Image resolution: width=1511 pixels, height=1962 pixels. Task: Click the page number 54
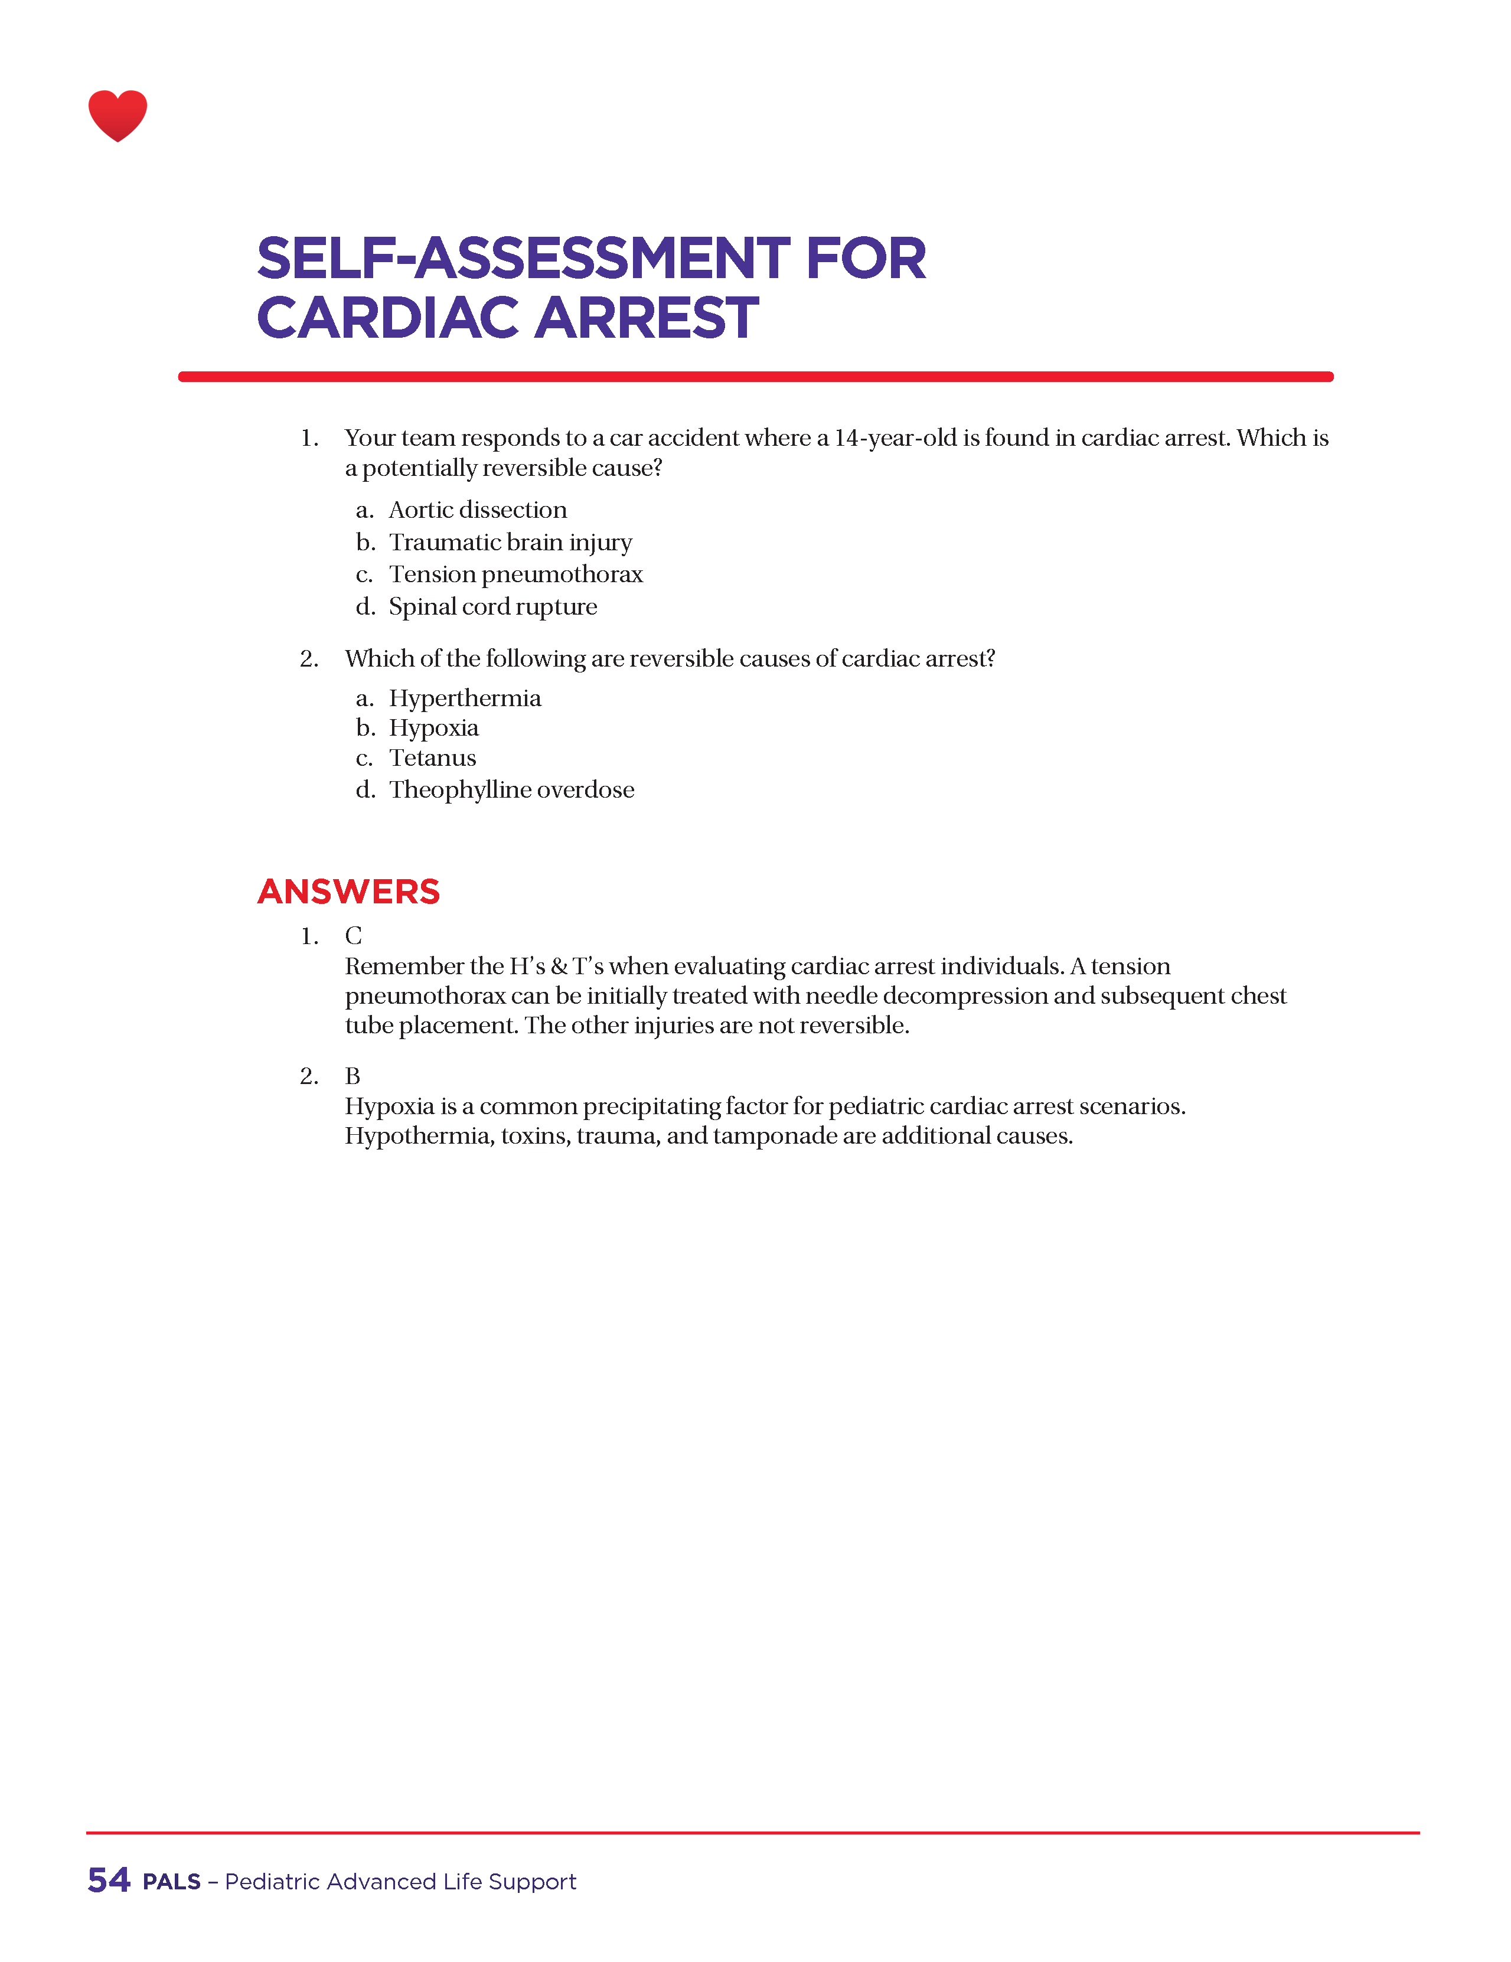coord(109,1879)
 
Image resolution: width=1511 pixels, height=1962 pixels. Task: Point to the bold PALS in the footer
coord(172,1881)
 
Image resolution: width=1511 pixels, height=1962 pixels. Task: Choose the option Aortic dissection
coord(477,510)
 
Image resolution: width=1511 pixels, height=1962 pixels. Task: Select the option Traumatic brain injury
coord(510,543)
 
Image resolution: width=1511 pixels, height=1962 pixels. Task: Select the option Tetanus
coord(432,758)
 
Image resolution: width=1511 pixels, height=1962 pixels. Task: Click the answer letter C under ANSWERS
coord(353,936)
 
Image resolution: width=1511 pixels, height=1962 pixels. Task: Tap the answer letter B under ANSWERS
coord(352,1076)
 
